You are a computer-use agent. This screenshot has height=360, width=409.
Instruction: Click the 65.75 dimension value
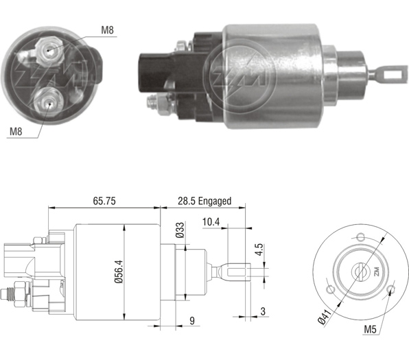tap(104, 201)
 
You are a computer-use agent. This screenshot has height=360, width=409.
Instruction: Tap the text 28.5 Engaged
tap(204, 201)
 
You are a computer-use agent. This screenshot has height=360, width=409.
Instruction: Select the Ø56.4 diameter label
tap(119, 272)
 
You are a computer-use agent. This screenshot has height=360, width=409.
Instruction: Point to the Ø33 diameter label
tap(180, 230)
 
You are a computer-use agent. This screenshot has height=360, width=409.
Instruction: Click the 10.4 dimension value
tap(211, 222)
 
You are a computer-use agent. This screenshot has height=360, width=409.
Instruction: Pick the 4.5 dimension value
tap(259, 250)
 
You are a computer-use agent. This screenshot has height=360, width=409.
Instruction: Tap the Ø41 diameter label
tap(325, 316)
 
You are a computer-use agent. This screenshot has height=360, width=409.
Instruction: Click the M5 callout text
tap(371, 330)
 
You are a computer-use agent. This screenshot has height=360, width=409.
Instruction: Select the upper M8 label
tap(108, 30)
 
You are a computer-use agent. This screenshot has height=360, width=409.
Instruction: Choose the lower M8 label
tap(16, 132)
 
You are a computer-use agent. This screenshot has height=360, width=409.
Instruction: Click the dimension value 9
tap(192, 321)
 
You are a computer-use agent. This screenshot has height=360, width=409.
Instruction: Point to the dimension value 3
tap(263, 311)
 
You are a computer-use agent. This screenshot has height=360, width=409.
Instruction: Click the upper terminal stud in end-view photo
tap(49, 50)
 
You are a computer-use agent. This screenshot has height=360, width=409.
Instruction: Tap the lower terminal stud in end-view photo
tap(49, 103)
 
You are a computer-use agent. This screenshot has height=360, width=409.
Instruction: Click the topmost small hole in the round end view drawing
tap(360, 237)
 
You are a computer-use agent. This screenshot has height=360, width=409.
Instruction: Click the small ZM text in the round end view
tap(376, 272)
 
